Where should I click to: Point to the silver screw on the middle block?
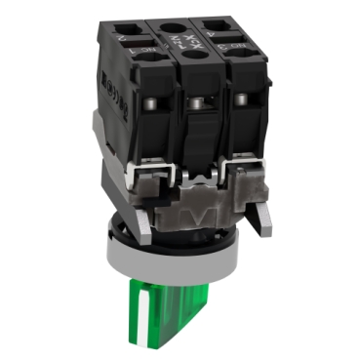pos(198,102)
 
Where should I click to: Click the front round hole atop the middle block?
pos(190,59)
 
